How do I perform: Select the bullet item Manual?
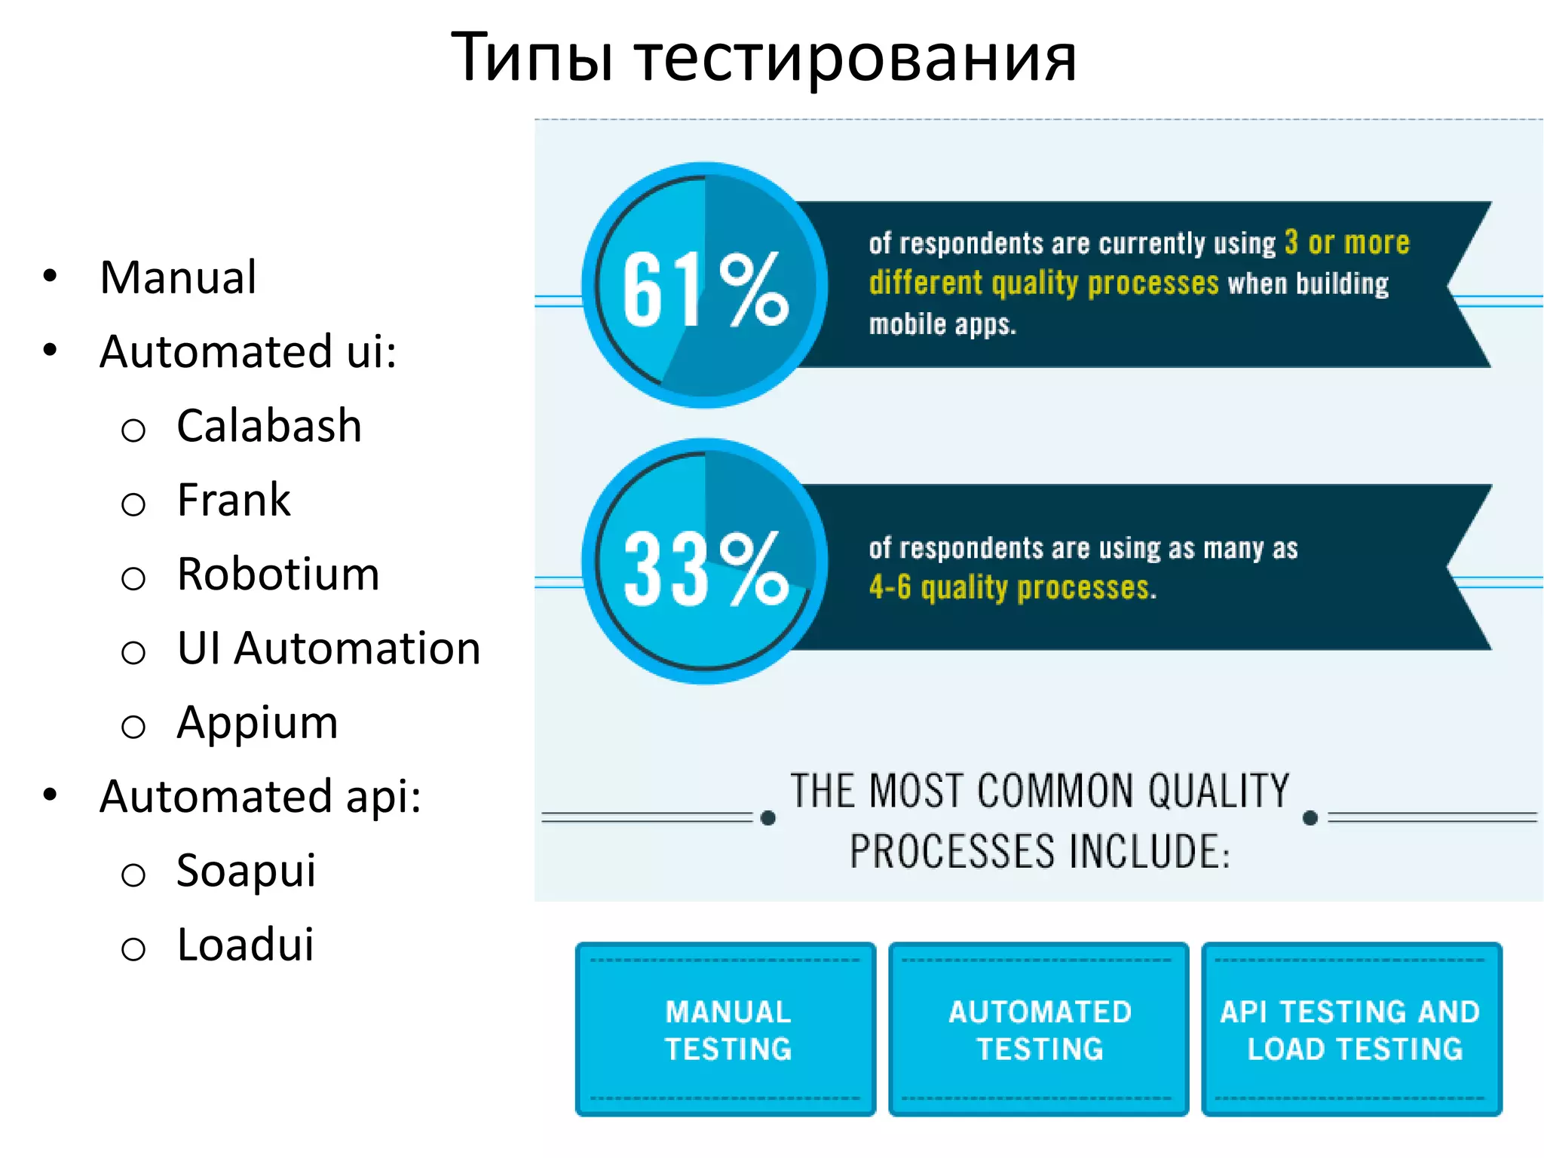pyautogui.click(x=178, y=277)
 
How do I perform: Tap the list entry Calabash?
pyautogui.click(x=268, y=425)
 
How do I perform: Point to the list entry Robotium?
pyautogui.click(x=277, y=574)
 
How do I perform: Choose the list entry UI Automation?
pyautogui.click(x=328, y=648)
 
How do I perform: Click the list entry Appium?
pyautogui.click(x=257, y=722)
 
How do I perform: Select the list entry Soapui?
pyautogui.click(x=246, y=871)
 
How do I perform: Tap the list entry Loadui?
pyautogui.click(x=245, y=945)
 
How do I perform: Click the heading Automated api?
pyautogui.click(x=260, y=796)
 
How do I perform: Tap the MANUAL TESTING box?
pyautogui.click(x=726, y=1029)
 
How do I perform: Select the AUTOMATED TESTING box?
pyautogui.click(x=1039, y=1029)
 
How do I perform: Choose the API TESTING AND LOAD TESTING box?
pyautogui.click(x=1352, y=1029)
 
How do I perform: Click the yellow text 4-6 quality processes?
pyautogui.click(x=1012, y=587)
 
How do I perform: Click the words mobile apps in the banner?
pyautogui.click(x=942, y=324)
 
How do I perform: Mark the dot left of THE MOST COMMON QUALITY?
pyautogui.click(x=768, y=818)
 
